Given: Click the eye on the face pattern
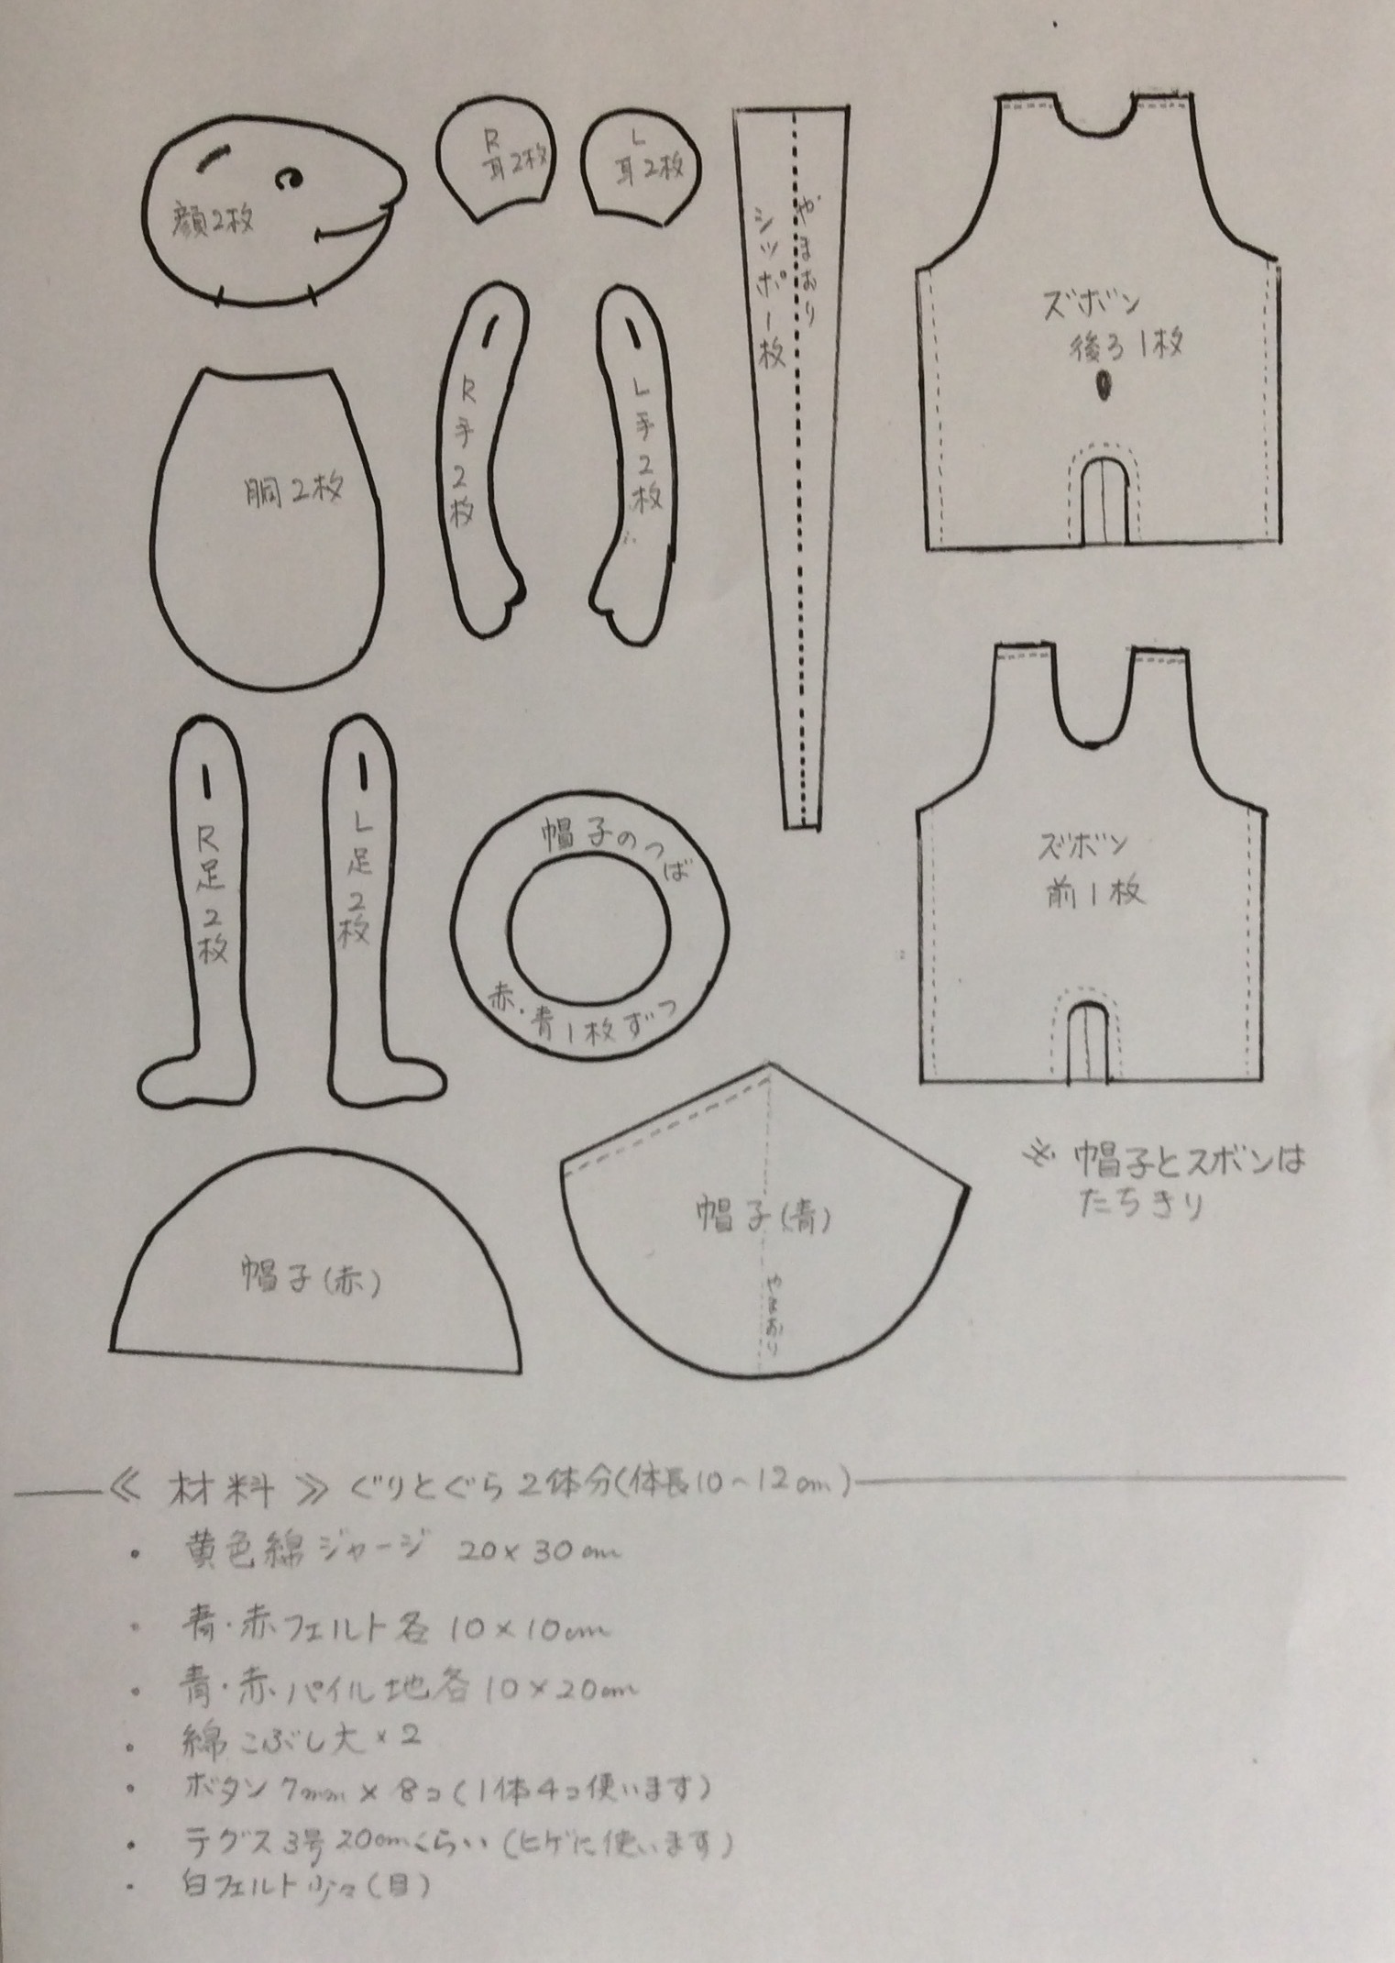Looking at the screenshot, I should (x=291, y=176).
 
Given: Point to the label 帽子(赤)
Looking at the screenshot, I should (x=312, y=1277).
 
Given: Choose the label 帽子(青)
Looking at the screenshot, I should (x=764, y=1217).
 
